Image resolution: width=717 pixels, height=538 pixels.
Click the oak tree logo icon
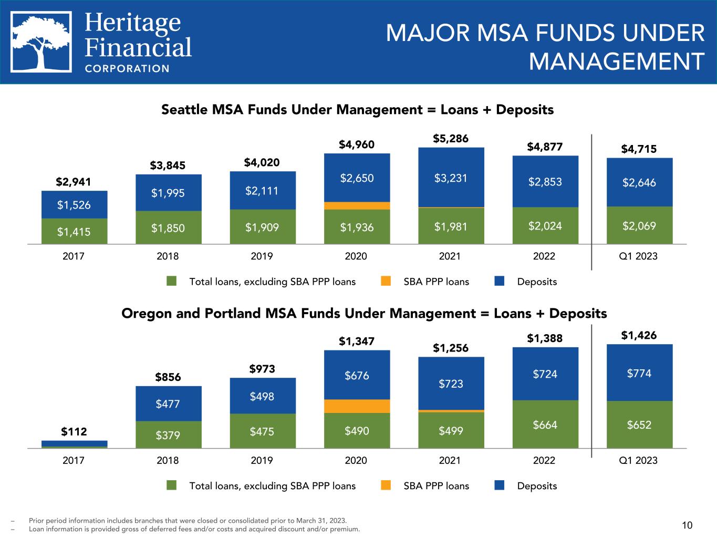[41, 42]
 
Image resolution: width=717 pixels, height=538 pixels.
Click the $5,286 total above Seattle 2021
[451, 139]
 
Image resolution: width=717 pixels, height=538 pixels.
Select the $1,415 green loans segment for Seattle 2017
[74, 231]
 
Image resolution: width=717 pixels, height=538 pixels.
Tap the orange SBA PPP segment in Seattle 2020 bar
[357, 206]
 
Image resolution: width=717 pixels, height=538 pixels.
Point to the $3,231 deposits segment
[451, 178]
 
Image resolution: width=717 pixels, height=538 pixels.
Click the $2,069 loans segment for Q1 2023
[639, 226]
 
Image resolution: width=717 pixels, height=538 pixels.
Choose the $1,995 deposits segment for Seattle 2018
[168, 193]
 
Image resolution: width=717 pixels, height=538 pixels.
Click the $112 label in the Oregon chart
[74, 432]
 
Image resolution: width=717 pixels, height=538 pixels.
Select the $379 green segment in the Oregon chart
[168, 434]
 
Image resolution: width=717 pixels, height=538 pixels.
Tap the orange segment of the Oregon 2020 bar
[357, 406]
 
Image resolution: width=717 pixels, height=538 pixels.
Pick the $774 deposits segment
[639, 373]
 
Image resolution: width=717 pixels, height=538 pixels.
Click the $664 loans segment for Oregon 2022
[545, 425]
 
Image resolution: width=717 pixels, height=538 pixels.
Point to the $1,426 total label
[639, 335]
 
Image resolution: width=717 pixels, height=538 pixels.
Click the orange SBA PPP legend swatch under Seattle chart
[387, 282]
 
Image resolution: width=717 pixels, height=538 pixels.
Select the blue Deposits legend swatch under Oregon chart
[500, 485]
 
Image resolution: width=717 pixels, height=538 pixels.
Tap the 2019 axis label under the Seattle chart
[262, 256]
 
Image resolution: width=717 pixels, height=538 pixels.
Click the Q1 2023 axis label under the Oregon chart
[639, 460]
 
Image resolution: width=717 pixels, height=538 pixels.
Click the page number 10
[687, 525]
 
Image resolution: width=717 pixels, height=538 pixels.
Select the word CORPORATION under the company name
[127, 68]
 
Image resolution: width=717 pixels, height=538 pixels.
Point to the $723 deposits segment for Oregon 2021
[451, 384]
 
